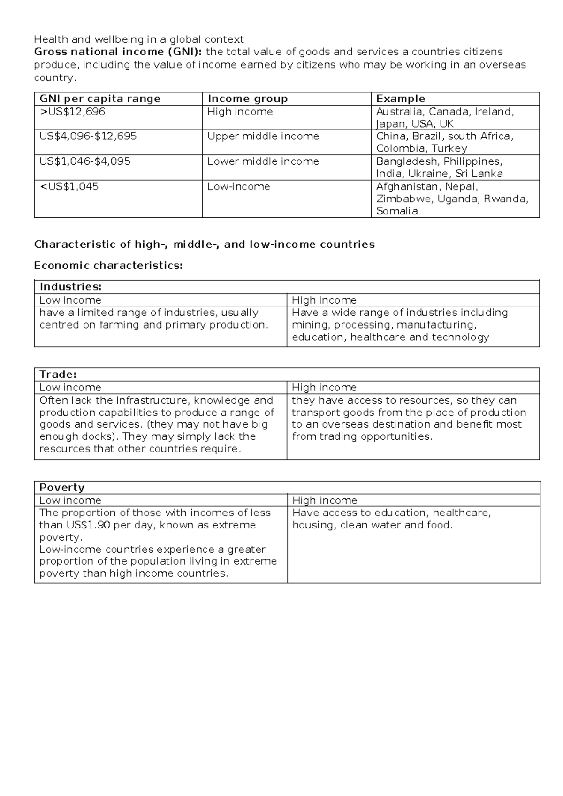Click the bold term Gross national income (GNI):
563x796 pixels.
(x=118, y=52)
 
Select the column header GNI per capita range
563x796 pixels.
(x=100, y=99)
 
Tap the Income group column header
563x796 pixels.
(x=248, y=99)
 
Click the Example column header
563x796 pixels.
(x=401, y=99)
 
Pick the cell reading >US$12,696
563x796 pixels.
(x=72, y=112)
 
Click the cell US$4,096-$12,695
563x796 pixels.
(x=88, y=137)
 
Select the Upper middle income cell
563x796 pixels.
(x=263, y=137)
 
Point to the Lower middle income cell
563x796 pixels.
(x=263, y=161)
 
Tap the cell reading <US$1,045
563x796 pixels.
(x=69, y=187)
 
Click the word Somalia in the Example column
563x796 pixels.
(x=397, y=211)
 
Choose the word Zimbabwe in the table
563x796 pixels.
(x=404, y=199)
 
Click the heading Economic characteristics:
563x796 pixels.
(x=108, y=266)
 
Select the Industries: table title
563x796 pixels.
(x=70, y=287)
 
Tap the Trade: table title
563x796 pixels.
(x=58, y=375)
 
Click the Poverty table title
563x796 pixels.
(x=62, y=488)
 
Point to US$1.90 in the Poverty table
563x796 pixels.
(x=88, y=525)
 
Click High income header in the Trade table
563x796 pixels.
(x=324, y=388)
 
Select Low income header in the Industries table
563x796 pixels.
(x=70, y=300)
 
